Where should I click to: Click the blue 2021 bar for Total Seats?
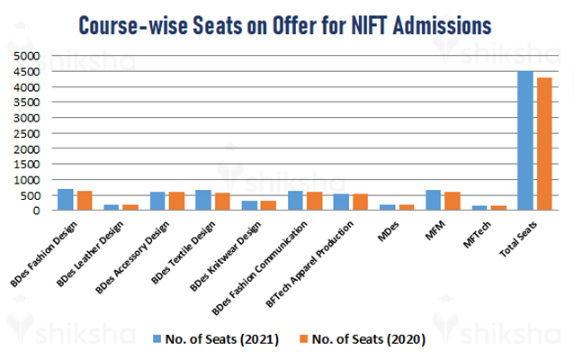[525, 140]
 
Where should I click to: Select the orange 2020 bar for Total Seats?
[543, 144]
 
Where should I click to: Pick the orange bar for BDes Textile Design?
[221, 202]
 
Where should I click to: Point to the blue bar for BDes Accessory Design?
[157, 201]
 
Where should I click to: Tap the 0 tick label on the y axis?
[38, 211]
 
